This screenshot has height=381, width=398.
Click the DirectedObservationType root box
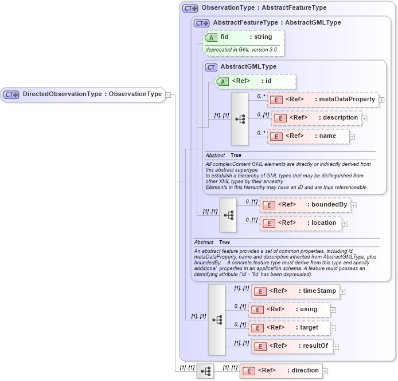83,94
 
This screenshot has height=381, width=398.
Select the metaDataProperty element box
323,100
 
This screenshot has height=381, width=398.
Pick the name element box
309,136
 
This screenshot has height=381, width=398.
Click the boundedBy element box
305,205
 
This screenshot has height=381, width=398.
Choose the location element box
301,223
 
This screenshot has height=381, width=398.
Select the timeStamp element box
295,291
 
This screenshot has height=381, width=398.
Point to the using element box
290,309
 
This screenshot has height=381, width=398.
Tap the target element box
290,328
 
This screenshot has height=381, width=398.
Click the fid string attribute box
243,37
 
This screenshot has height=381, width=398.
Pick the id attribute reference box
255,81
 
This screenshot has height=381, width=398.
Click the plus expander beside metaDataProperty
381,100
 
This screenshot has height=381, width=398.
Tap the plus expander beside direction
326,371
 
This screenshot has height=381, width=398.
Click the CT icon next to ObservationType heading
190,9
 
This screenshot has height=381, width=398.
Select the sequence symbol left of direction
205,371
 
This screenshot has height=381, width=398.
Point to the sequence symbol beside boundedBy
228,215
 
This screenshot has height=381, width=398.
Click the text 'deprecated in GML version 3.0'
241,50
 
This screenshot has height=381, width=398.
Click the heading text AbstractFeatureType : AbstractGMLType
276,23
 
